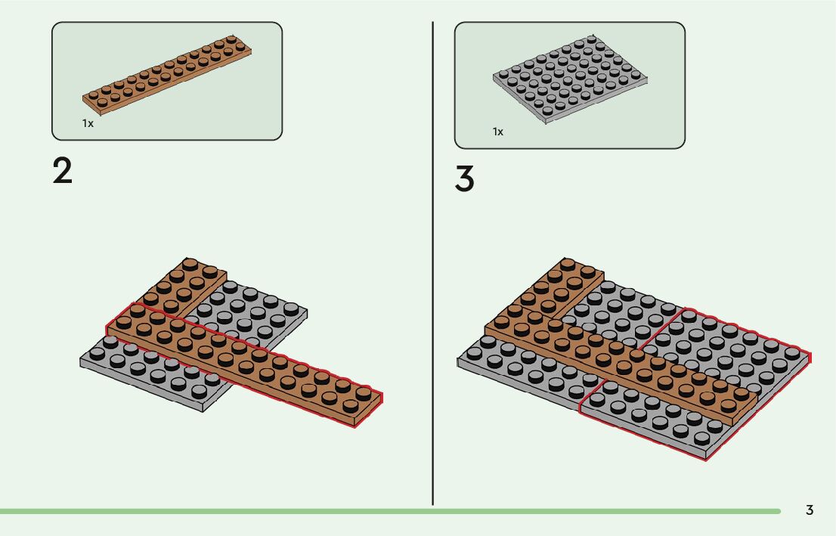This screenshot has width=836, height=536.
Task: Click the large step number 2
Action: pos(63,172)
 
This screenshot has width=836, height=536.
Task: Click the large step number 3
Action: pos(465,179)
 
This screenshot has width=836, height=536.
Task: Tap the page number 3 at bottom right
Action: pos(810,510)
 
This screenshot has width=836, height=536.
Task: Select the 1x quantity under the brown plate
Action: pos(88,123)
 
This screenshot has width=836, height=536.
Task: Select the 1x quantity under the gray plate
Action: pos(498,132)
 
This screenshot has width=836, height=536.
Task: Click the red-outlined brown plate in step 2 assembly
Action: pos(242,363)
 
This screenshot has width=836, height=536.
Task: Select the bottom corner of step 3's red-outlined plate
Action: pos(705,458)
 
